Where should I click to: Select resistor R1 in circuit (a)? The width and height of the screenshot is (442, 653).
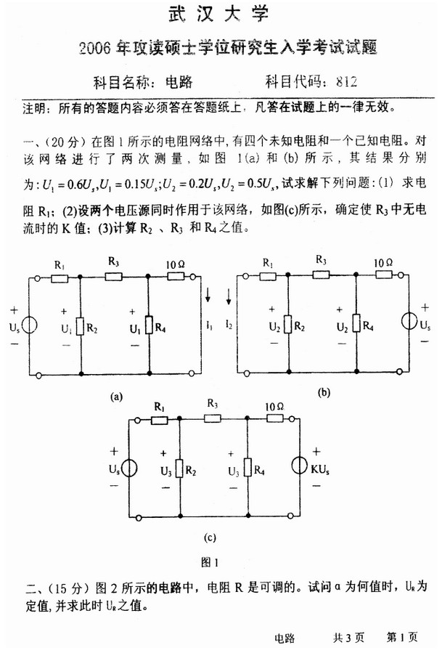[59, 277]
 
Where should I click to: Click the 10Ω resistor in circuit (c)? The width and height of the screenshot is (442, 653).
[274, 419]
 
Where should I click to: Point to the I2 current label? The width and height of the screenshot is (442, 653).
[229, 320]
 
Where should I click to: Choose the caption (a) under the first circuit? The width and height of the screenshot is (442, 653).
[115, 397]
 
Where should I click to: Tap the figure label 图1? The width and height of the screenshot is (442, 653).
[210, 561]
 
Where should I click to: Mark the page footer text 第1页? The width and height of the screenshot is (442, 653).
[402, 637]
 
